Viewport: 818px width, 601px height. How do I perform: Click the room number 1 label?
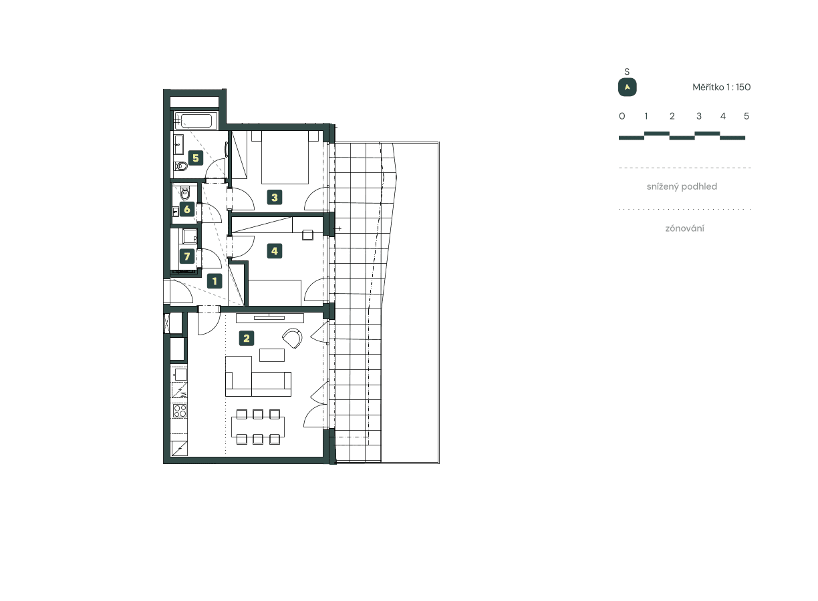[215, 281]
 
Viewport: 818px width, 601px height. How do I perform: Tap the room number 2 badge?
[246, 339]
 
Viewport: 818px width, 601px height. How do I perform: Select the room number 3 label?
[275, 198]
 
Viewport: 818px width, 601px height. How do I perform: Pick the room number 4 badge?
[275, 251]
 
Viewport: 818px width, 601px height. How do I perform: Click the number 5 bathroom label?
[196, 158]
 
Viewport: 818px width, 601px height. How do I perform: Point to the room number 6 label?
[187, 210]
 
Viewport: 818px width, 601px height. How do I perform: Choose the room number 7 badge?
[187, 256]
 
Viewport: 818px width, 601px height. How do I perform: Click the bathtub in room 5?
[196, 121]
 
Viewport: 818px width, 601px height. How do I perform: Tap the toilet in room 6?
[185, 193]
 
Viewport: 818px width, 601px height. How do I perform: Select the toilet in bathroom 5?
[180, 166]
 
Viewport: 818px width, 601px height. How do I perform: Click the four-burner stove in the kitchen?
[180, 411]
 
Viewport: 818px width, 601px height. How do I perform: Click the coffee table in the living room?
[272, 355]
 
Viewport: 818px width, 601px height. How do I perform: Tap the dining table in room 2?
[258, 427]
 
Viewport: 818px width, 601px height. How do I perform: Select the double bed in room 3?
[285, 158]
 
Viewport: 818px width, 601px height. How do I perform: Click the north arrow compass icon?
[627, 87]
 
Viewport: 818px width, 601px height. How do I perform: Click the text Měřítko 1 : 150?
[721, 87]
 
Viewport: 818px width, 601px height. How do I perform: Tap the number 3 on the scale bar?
[698, 116]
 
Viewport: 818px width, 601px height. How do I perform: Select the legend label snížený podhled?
[682, 186]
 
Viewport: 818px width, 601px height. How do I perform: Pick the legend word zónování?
[684, 228]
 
